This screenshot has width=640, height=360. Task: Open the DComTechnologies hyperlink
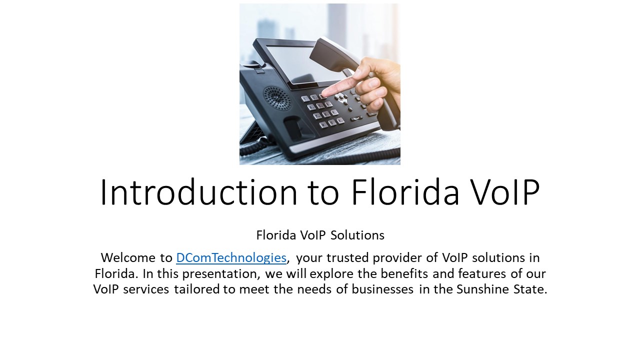pos(231,258)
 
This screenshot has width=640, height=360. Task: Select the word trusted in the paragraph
pos(358,258)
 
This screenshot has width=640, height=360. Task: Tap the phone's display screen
pos(300,62)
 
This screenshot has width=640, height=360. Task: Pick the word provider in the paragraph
pos(406,258)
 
